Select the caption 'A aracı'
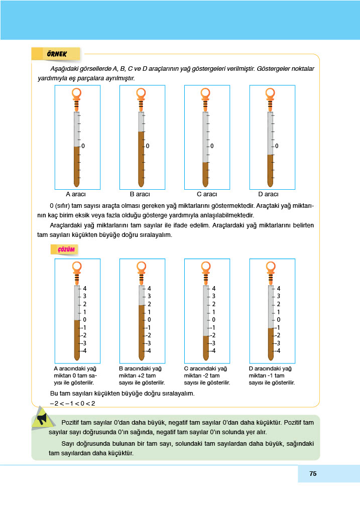pyautogui.click(x=76, y=194)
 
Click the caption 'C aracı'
pyautogui.click(x=207, y=194)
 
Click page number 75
pyautogui.click(x=313, y=474)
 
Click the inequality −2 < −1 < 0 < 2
pyautogui.click(x=72, y=403)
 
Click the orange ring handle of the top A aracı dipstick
pyautogui.click(x=76, y=93)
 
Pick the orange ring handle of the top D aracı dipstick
pyautogui.click(x=270, y=93)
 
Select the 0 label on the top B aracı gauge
pyautogui.click(x=148, y=146)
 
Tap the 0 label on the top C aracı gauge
pyautogui.click(x=212, y=146)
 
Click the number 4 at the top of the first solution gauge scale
pyautogui.click(x=85, y=289)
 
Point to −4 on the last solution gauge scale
pyautogui.click(x=278, y=351)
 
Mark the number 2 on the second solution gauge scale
pyautogui.click(x=150, y=304)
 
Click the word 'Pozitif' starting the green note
pyautogui.click(x=70, y=422)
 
